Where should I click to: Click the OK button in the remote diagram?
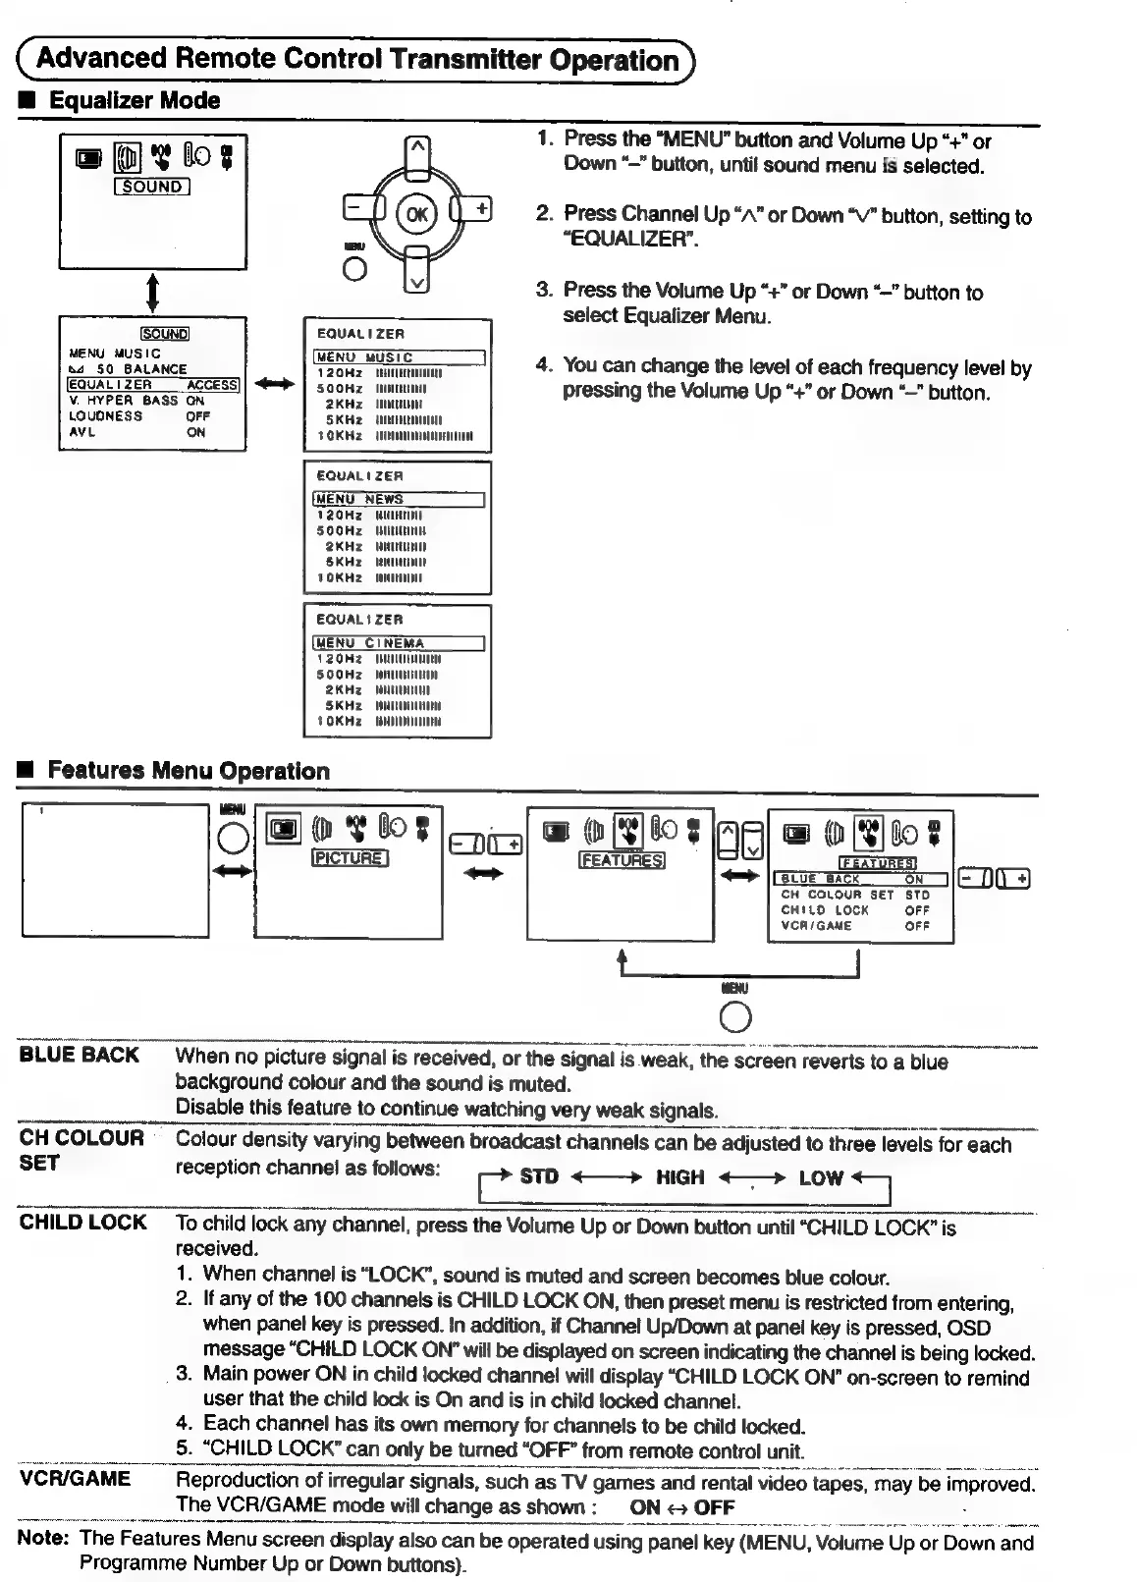(x=417, y=214)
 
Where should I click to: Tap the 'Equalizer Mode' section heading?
(x=135, y=100)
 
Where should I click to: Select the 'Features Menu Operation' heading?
(x=189, y=771)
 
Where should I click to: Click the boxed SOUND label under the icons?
(x=152, y=187)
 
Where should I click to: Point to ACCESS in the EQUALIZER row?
(x=212, y=385)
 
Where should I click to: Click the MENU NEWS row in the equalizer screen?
(x=399, y=499)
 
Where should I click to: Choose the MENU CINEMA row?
(x=399, y=643)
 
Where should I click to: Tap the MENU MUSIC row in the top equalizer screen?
(x=399, y=357)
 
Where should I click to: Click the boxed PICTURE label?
(x=350, y=858)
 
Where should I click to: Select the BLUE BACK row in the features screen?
(x=860, y=879)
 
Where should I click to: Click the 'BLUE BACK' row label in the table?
(x=80, y=1056)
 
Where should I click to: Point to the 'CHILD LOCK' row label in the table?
(x=83, y=1223)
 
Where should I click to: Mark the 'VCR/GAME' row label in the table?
(x=75, y=1479)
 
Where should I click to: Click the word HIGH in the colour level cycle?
(x=679, y=1176)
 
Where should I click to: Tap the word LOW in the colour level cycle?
(x=821, y=1177)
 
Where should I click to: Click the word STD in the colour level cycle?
(x=539, y=1175)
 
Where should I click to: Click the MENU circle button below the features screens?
(x=735, y=1018)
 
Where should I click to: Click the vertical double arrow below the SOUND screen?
(x=152, y=293)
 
